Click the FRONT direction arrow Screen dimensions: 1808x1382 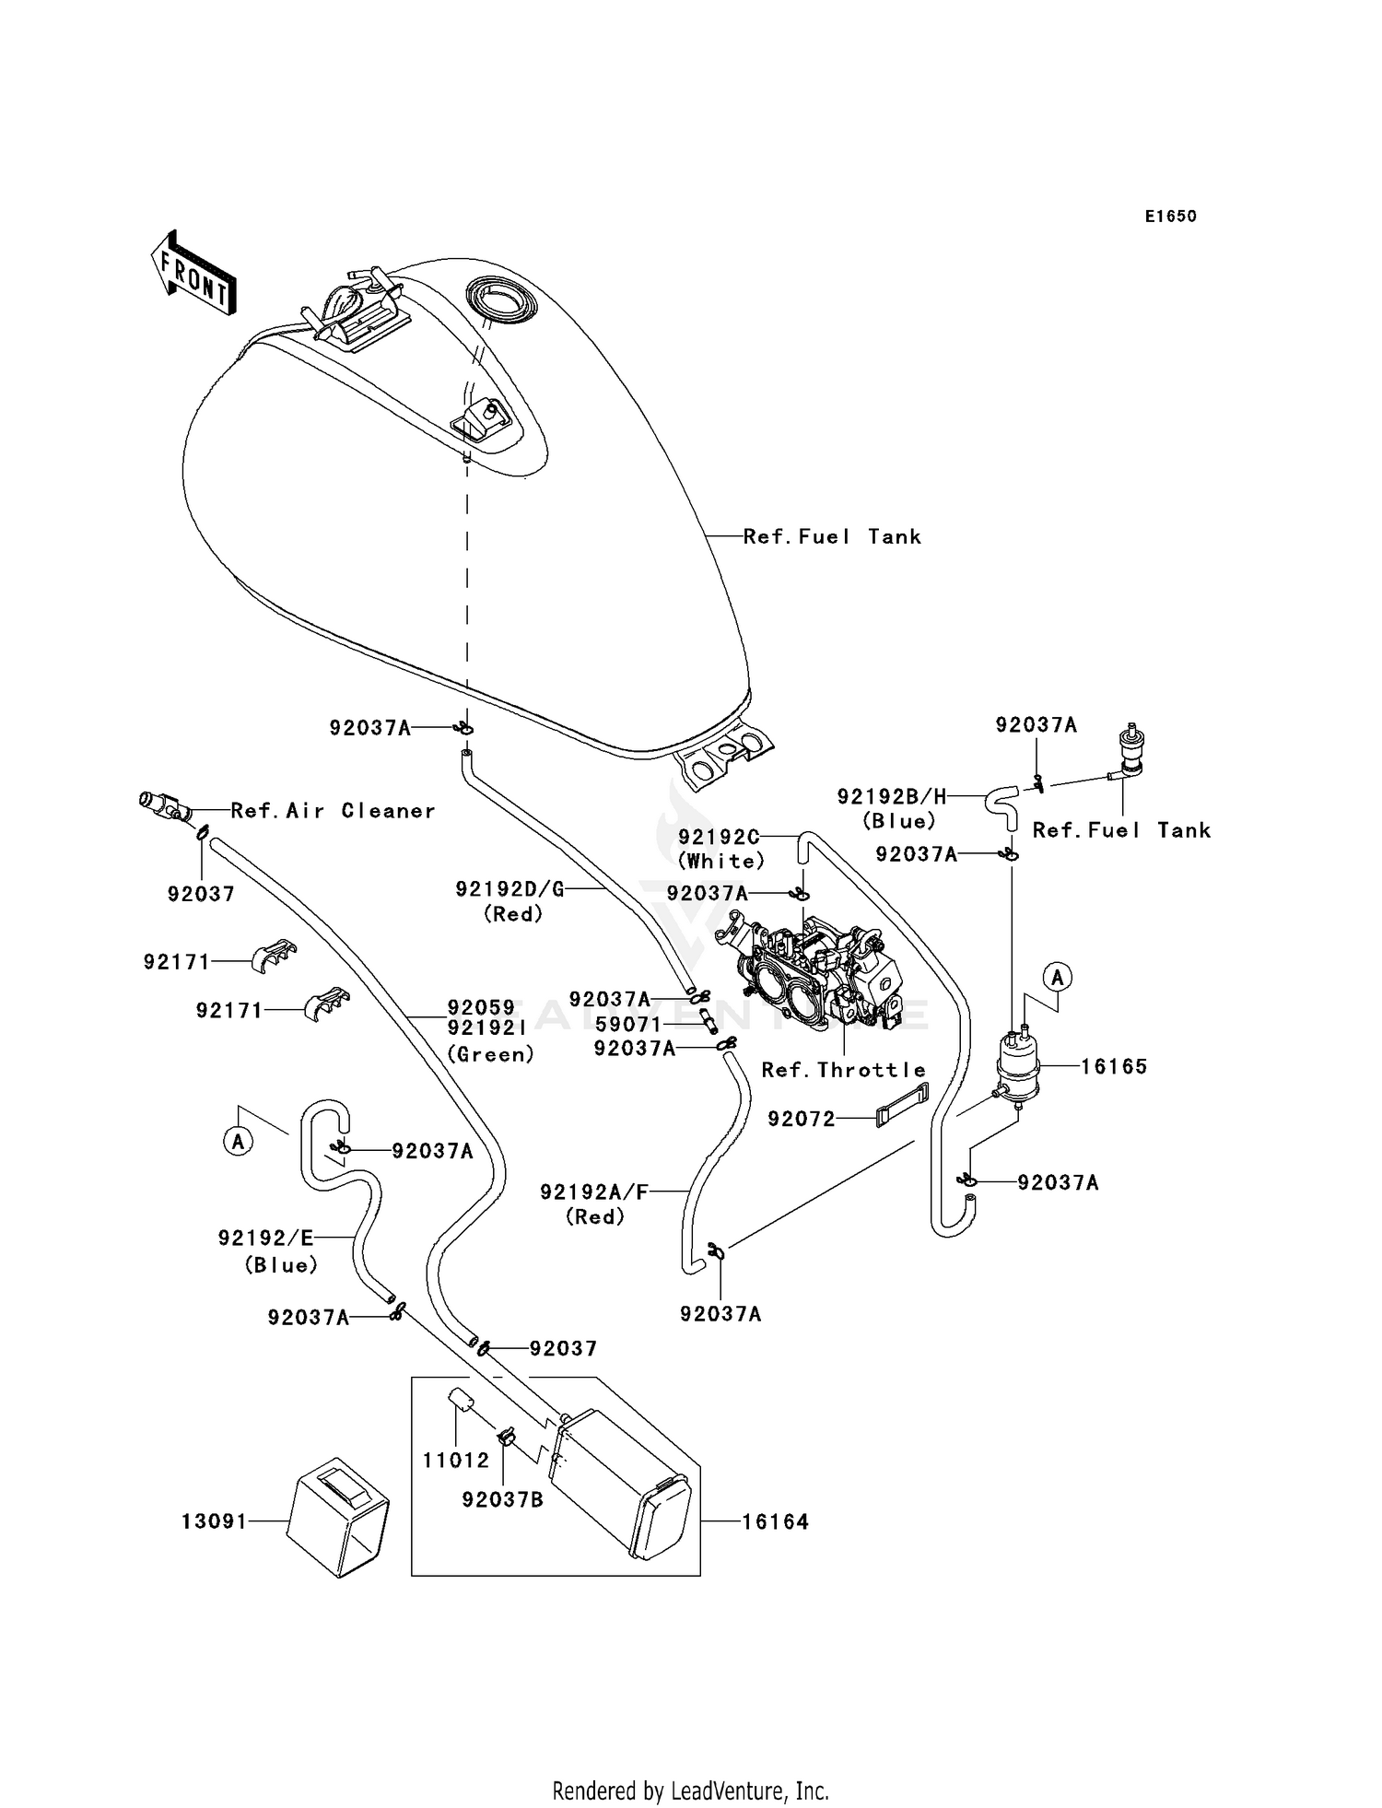pyautogui.click(x=193, y=274)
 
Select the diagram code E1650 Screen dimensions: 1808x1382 pyautogui.click(x=1170, y=217)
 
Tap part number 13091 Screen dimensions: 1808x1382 pyautogui.click(x=214, y=1520)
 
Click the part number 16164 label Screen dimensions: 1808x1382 pyautogui.click(x=775, y=1521)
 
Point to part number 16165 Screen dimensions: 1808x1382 pyautogui.click(x=1113, y=1066)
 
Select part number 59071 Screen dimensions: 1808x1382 pyautogui.click(x=627, y=1024)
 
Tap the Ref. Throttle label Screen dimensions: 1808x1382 pyautogui.click(x=843, y=1070)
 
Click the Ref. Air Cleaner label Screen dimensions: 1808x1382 pyautogui.click(x=333, y=810)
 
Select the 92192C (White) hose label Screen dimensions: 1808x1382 pyautogui.click(x=721, y=848)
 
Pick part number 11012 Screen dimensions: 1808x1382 pyautogui.click(x=456, y=1461)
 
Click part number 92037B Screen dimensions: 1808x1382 pyautogui.click(x=502, y=1499)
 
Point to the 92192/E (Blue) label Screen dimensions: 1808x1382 pyautogui.click(x=266, y=1250)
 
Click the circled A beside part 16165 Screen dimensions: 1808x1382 pyautogui.click(x=1057, y=977)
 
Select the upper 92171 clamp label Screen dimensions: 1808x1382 pyautogui.click(x=176, y=961)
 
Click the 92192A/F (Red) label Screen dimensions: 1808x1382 pyautogui.click(x=594, y=1203)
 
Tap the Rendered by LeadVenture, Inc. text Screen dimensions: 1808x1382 pyautogui.click(x=690, y=1790)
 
